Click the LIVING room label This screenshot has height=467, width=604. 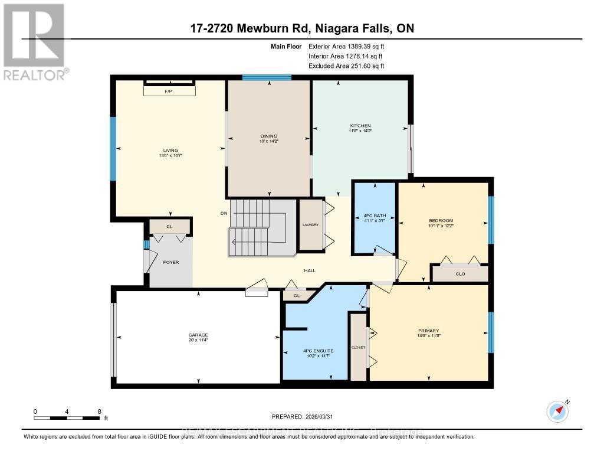coord(171,150)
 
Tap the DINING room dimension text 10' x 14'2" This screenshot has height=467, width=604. coord(268,141)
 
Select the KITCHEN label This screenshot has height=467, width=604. coord(360,126)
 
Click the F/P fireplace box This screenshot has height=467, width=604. coord(169,92)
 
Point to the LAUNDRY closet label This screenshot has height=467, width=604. coord(310,225)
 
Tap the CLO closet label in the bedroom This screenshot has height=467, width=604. coord(459,273)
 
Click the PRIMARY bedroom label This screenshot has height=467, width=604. coord(428,330)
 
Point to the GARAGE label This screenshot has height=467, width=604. coord(198,335)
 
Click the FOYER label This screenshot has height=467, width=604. coord(171,262)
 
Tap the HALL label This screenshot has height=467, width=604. coord(310,270)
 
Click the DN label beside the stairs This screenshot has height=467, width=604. coord(224,213)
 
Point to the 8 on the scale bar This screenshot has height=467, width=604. coord(99,411)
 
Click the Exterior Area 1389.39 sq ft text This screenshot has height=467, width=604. coord(346,46)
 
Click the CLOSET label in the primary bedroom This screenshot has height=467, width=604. coord(358,347)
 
